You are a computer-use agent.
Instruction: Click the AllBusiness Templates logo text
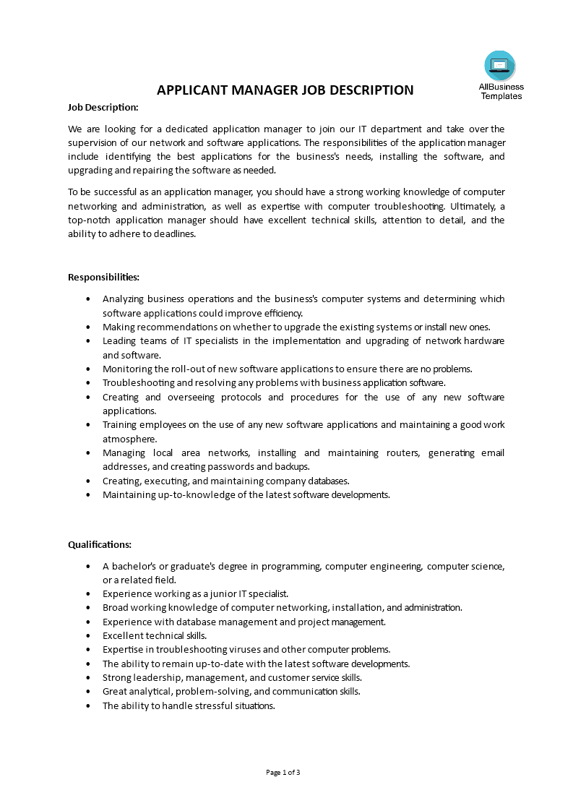(x=501, y=91)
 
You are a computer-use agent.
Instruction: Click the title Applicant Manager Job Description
(x=285, y=90)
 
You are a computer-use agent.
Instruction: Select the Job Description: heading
(x=103, y=107)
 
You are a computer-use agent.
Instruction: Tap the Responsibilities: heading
(x=103, y=277)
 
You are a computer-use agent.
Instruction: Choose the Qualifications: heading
(x=100, y=544)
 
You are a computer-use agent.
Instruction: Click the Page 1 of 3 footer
(x=283, y=772)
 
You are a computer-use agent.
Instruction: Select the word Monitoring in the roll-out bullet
(x=126, y=369)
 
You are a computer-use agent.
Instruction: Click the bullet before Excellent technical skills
(x=88, y=635)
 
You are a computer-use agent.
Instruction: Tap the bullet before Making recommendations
(x=88, y=327)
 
